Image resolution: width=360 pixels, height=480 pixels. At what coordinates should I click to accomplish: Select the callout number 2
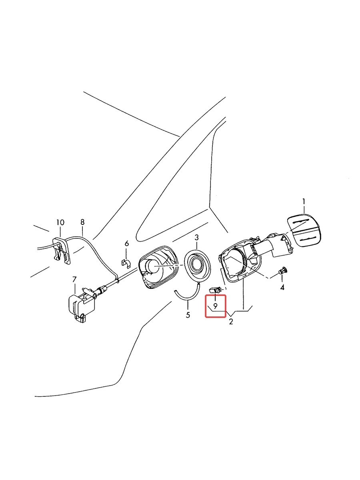(x=231, y=322)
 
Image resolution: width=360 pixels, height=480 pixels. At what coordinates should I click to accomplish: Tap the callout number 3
(x=196, y=238)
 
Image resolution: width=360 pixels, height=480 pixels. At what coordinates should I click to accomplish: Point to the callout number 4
(x=282, y=288)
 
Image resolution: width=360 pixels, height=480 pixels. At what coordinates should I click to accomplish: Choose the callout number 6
(x=127, y=243)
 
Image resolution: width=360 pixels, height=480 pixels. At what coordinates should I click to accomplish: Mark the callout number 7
(x=74, y=279)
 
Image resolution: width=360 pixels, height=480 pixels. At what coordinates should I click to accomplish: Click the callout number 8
(x=82, y=222)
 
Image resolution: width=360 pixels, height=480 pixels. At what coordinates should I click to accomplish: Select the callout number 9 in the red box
(x=215, y=306)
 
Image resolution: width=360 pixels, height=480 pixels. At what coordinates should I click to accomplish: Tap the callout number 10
(x=60, y=222)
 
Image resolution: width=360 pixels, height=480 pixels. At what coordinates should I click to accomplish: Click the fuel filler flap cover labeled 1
(x=304, y=230)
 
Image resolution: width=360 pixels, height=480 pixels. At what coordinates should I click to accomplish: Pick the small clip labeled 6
(x=126, y=263)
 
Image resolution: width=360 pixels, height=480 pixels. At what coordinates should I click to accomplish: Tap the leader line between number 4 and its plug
(x=282, y=279)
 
